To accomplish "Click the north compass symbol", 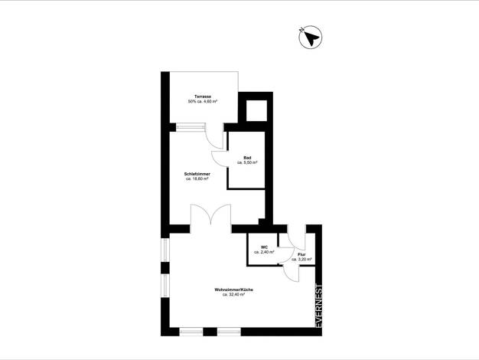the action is click(310, 38).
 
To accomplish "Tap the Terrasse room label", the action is click(203, 97).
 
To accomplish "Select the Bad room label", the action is click(247, 158).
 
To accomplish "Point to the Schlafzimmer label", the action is click(197, 174).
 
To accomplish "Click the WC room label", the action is click(264, 247).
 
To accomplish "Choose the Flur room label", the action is click(301, 254).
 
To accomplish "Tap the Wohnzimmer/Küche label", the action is click(233, 290).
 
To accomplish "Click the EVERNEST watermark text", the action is click(318, 306).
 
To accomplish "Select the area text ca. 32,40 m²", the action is click(233, 295).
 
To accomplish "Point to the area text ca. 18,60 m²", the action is click(197, 178).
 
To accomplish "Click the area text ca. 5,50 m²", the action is click(247, 162).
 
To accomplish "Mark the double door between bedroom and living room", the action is click(210, 215).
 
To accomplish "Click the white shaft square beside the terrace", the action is click(256, 110).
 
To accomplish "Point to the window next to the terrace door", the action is click(191, 127).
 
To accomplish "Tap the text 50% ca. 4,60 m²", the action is click(203, 101).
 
